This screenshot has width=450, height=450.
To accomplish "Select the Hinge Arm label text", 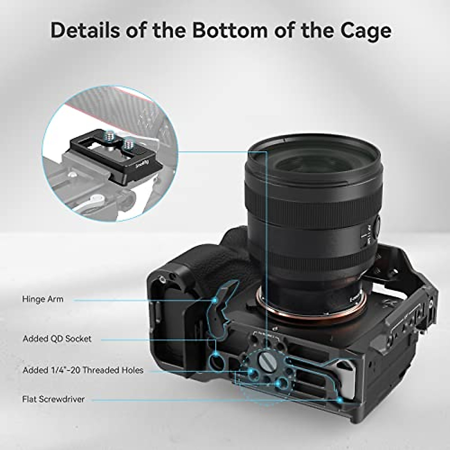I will (43, 299).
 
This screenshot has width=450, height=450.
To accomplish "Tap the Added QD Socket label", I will (57, 339).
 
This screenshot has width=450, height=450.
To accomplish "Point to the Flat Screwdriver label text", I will (53, 399).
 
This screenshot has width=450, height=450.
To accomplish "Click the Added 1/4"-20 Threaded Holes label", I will (83, 370).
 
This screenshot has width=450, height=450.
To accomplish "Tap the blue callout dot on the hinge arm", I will (215, 300).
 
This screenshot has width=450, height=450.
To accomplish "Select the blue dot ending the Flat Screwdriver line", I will (340, 400).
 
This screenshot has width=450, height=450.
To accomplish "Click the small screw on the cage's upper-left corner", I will (162, 278).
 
